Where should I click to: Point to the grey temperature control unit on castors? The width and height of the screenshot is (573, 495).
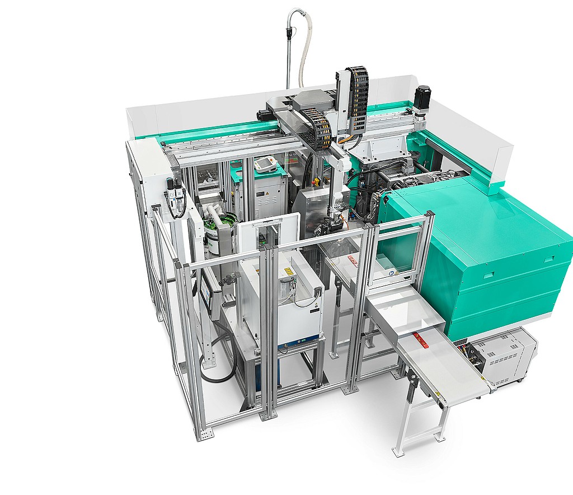tap(504, 356)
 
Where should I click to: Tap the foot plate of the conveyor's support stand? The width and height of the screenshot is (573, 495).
tap(398, 451)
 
